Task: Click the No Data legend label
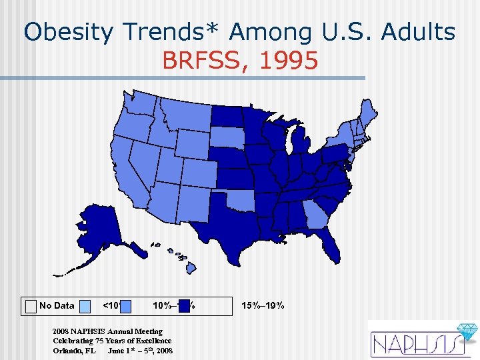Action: point(57,306)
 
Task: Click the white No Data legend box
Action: point(31,306)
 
